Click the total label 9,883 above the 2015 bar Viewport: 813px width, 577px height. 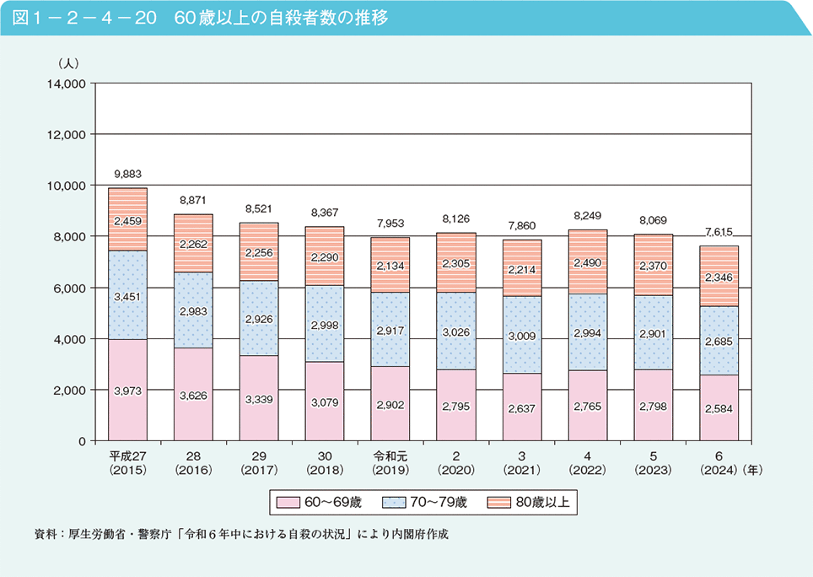[x=127, y=175]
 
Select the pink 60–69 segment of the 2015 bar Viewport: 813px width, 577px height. [x=127, y=371]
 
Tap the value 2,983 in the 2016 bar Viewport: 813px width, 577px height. [x=193, y=311]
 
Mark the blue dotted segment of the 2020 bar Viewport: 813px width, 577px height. [x=456, y=331]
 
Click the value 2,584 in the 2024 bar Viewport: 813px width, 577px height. [x=719, y=408]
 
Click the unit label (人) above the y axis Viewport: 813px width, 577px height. [x=67, y=63]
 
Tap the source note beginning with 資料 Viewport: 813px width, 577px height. [x=240, y=535]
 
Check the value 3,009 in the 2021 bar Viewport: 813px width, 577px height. [x=522, y=336]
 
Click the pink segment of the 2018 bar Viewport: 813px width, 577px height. [x=325, y=401]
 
